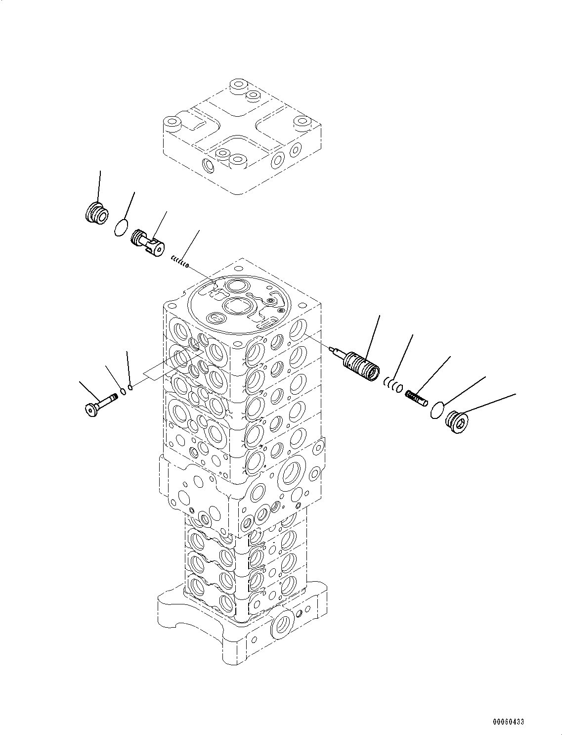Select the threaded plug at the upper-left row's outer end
(x=97, y=212)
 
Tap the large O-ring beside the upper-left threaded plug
(x=121, y=228)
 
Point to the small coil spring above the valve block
(x=179, y=262)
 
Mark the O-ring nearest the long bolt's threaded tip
(x=123, y=391)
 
